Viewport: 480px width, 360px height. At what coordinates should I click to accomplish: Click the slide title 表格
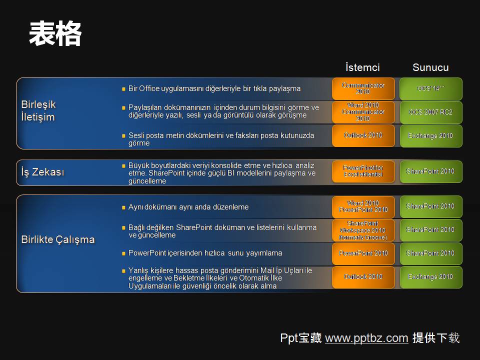pos(55,34)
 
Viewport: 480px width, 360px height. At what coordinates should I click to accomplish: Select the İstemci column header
pos(362,67)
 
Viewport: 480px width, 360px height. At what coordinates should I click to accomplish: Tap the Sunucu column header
pos(430,67)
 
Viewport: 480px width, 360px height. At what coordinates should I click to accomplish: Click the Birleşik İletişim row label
pos(38,110)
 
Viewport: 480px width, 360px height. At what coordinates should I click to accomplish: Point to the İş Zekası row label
pos(43,172)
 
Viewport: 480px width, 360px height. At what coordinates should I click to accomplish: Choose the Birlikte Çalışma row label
pos(58,239)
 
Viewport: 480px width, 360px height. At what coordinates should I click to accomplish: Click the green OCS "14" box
pos(430,88)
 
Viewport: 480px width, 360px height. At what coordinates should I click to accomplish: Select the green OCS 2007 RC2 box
pos(430,112)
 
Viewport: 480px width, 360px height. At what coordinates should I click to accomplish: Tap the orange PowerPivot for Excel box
pos(363,171)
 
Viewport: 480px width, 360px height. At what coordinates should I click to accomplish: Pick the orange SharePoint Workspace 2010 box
pos(363,230)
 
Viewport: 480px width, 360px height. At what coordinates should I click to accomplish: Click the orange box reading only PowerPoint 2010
pos(363,253)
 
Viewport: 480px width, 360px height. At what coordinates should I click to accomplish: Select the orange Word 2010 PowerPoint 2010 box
pos(363,206)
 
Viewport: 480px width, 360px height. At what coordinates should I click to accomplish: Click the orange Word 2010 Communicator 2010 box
pos(363,112)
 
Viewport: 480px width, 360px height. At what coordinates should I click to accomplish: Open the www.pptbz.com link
pos(366,338)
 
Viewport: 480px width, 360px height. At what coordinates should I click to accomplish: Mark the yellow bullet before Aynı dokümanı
pos(123,207)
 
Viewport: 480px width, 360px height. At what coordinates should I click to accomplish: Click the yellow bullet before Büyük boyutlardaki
pos(123,165)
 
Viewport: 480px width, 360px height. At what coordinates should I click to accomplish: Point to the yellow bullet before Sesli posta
pos(123,135)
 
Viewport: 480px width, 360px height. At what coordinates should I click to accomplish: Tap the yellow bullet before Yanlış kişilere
pos(123,270)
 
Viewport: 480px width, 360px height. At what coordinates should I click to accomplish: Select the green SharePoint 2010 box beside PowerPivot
pos(430,171)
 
